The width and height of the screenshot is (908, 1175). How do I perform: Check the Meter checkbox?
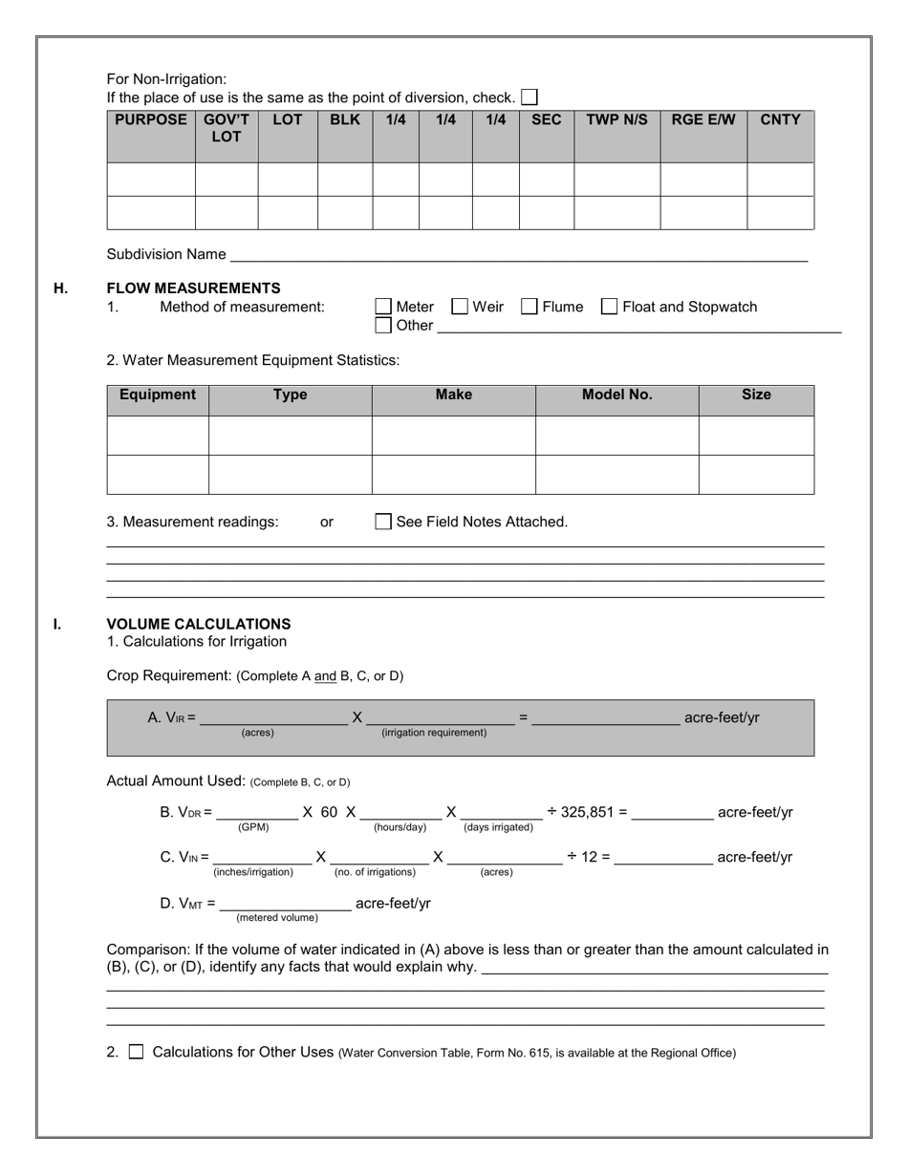pos(383,307)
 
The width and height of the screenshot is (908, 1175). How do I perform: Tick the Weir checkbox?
pos(460,307)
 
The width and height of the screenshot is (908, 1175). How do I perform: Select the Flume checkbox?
pos(530,307)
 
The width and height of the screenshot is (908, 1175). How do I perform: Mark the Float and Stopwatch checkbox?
pos(609,307)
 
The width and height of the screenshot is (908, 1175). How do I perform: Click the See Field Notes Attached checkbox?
pos(383,522)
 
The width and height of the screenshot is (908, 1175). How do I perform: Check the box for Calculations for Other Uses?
pos(136,1052)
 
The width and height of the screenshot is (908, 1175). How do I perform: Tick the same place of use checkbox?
pos(530,97)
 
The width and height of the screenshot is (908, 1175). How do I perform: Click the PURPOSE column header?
pos(151,120)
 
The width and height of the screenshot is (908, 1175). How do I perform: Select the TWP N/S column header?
pos(616,120)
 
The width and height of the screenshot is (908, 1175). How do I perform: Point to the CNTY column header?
pos(780,120)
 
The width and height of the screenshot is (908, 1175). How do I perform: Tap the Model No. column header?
pos(616,395)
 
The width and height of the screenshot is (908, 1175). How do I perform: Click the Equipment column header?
pos(158,395)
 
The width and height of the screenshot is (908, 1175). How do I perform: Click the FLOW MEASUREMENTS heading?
pos(193,288)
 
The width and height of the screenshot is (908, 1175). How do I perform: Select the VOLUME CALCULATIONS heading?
pos(199,624)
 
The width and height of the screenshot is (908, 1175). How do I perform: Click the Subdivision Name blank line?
pos(519,255)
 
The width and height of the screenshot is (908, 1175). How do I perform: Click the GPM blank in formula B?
pos(256,813)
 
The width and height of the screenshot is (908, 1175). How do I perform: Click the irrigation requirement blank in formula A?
pos(440,717)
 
